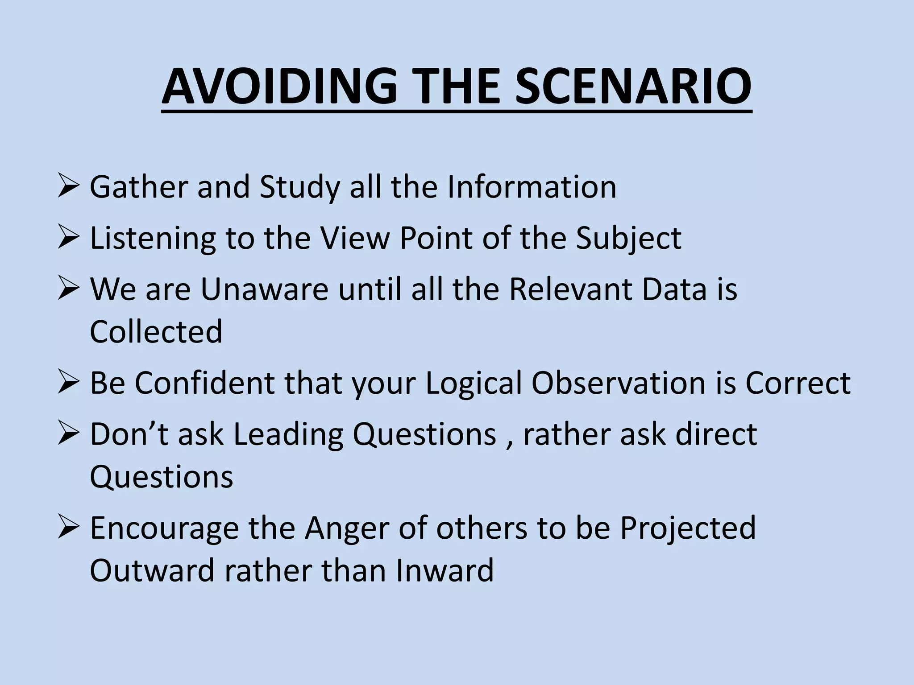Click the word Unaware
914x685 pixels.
point(265,289)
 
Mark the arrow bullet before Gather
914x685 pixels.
point(68,187)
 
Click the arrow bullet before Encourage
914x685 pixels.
point(68,528)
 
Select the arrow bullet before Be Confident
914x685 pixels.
point(68,383)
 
